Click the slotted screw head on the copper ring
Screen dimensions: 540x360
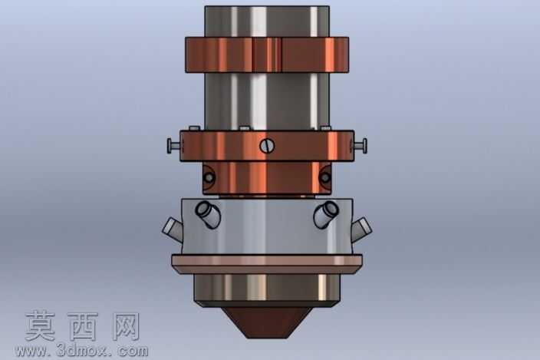pos(267,146)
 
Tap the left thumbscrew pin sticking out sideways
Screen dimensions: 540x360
pos(174,146)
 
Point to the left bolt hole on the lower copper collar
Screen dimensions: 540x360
pos(209,178)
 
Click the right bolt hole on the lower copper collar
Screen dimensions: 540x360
pos(324,178)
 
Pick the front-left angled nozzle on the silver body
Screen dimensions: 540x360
pos(209,214)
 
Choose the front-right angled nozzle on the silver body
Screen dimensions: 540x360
pos(326,214)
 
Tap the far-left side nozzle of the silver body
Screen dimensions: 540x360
pos(172,229)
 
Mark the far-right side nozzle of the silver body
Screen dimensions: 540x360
pos(361,229)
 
